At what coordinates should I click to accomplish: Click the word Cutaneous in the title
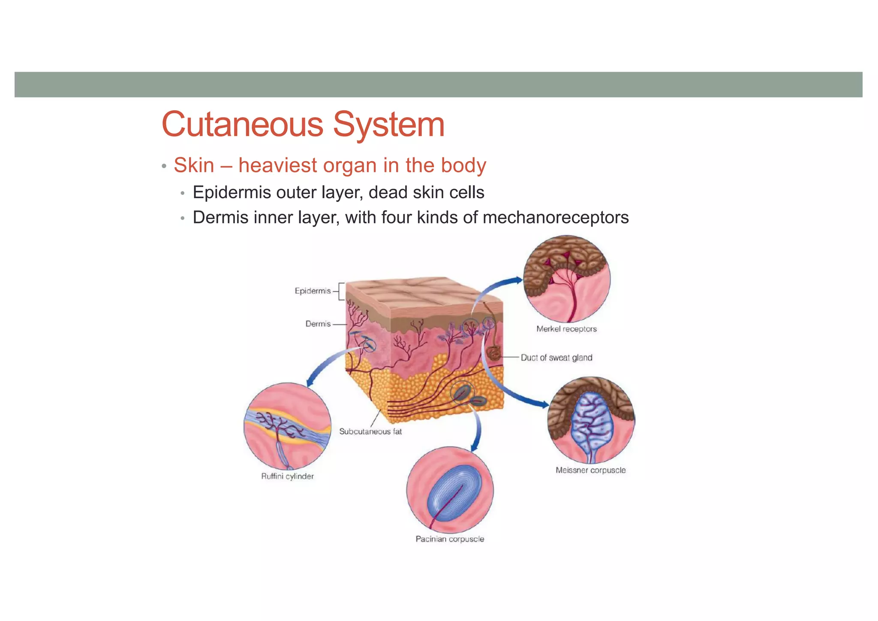point(242,124)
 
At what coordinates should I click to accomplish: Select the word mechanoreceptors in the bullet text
point(556,217)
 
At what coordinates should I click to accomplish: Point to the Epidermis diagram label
point(313,291)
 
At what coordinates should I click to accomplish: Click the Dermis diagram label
point(318,324)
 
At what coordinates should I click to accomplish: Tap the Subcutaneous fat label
point(370,431)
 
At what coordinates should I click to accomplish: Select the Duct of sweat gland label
point(556,358)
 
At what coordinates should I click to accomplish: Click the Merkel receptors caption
point(566,329)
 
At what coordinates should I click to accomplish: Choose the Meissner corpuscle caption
point(590,470)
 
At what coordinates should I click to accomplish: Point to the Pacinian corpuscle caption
point(450,539)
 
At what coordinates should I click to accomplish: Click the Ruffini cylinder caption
point(287,476)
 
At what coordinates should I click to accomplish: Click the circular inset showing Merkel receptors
point(567,279)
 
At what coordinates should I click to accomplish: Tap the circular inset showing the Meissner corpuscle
point(591,420)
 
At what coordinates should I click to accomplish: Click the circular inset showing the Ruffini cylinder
point(287,426)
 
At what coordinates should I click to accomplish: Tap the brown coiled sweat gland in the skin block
point(493,353)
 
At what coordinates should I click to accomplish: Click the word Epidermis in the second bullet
point(232,193)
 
